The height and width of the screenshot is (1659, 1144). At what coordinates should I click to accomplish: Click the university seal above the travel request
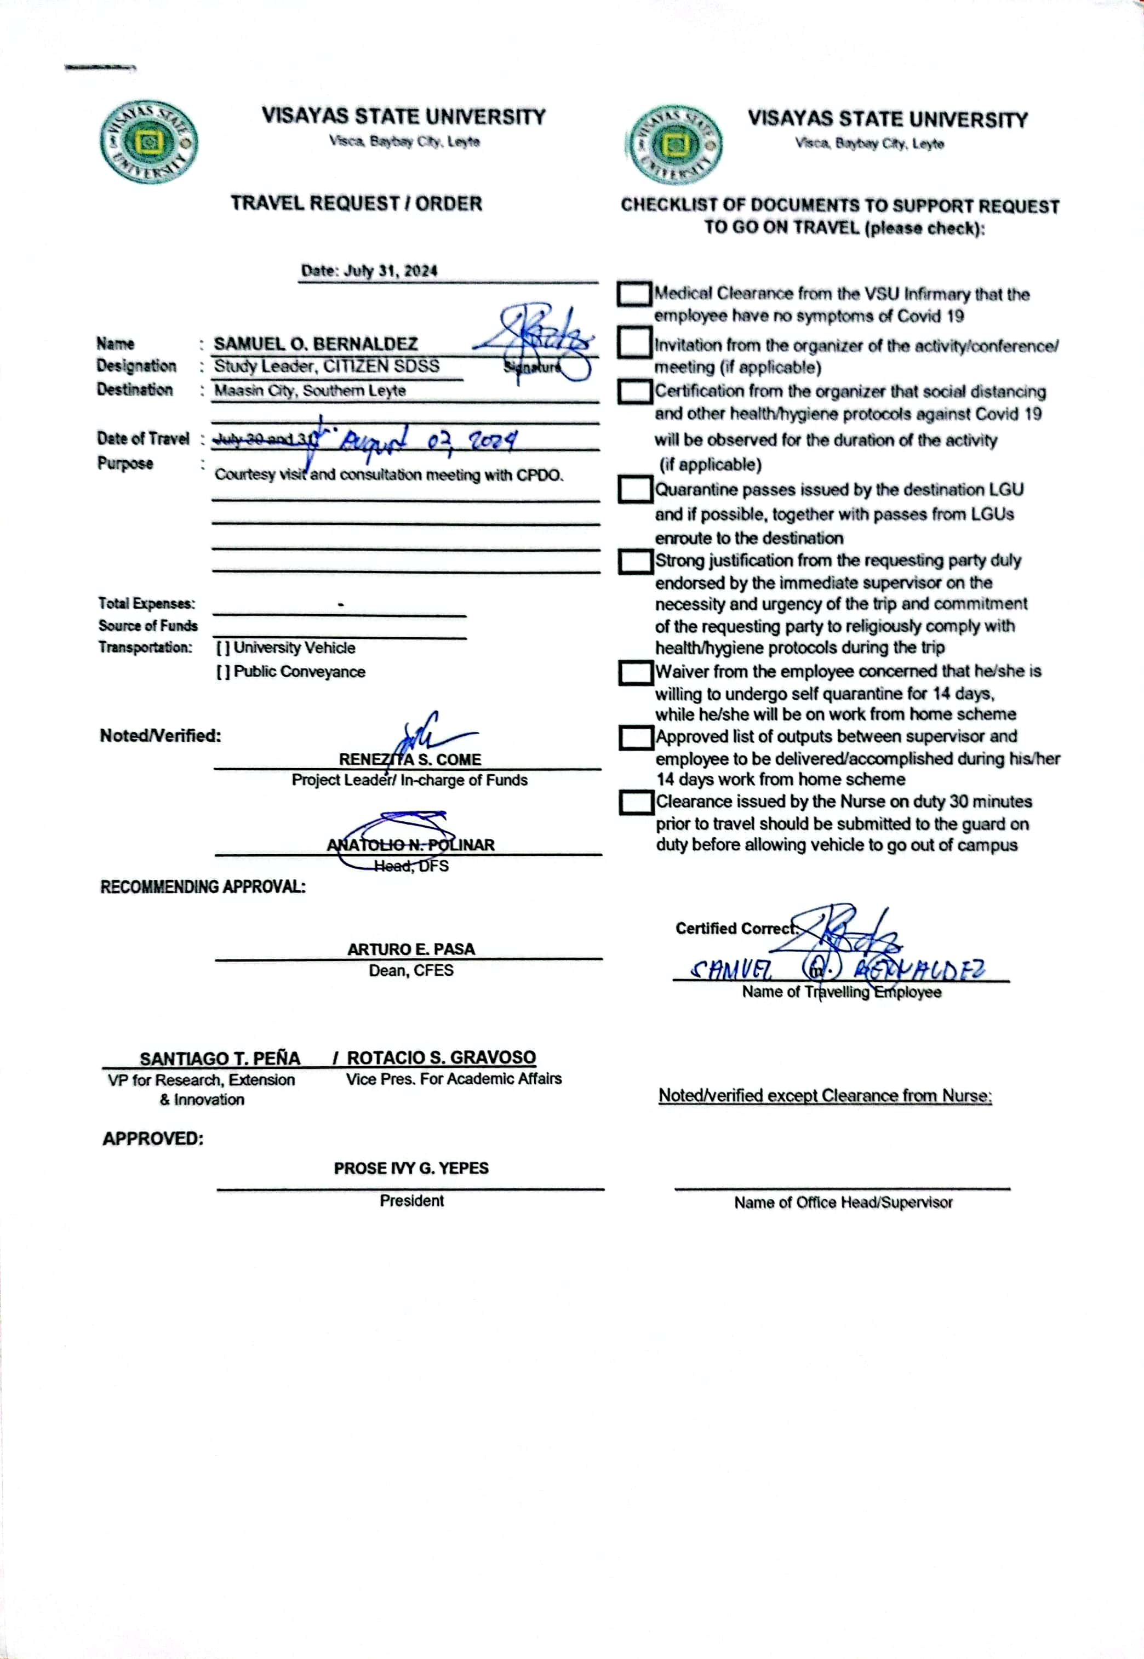tap(150, 142)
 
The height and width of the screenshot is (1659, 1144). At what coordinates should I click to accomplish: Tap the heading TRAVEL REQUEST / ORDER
tap(356, 203)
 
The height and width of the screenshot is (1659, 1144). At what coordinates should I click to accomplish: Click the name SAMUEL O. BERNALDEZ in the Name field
tap(316, 344)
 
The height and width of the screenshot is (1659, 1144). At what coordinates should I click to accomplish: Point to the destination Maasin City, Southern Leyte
tap(310, 391)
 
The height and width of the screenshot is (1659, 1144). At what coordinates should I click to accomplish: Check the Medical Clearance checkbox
tap(634, 294)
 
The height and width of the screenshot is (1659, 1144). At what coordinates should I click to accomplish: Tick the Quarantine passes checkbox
tap(635, 490)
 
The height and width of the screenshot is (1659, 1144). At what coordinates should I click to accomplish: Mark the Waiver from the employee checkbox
tap(635, 672)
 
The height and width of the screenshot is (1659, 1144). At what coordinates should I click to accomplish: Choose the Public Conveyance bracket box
tap(223, 672)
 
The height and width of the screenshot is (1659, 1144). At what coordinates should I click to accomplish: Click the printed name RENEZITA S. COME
tap(410, 759)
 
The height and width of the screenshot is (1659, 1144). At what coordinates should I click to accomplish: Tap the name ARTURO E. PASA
tap(411, 949)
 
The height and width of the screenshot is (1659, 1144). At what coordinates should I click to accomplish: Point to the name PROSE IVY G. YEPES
tap(411, 1169)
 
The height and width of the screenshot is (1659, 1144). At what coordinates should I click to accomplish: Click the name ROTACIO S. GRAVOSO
tap(441, 1059)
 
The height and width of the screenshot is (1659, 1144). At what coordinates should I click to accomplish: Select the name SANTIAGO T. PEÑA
tap(219, 1059)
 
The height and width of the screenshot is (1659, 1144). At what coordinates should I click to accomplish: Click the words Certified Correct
tap(735, 929)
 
